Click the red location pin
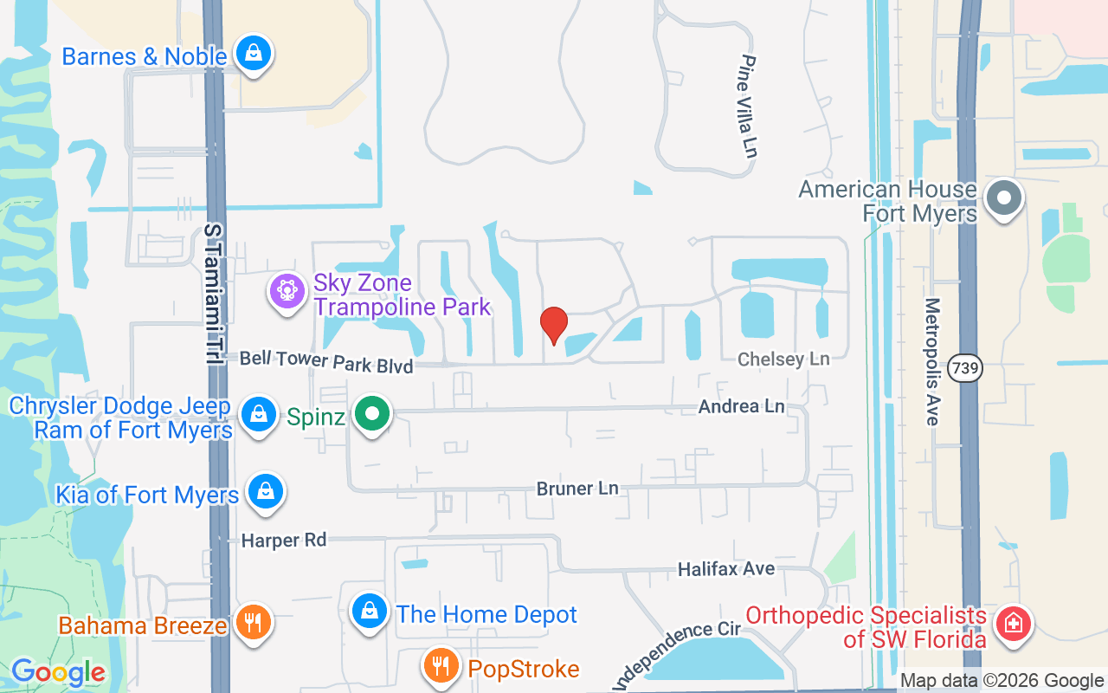point(553,325)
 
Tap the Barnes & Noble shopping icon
point(254,54)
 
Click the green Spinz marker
point(372,414)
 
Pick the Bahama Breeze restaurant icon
point(253,622)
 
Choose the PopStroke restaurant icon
point(441,666)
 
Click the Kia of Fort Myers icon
point(265,492)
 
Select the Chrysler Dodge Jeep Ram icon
point(258,414)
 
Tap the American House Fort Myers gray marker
point(1004,198)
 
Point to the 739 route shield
point(964,368)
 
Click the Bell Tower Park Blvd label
point(325,361)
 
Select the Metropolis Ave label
point(932,361)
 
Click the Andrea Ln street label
point(741,405)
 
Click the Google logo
point(58,671)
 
